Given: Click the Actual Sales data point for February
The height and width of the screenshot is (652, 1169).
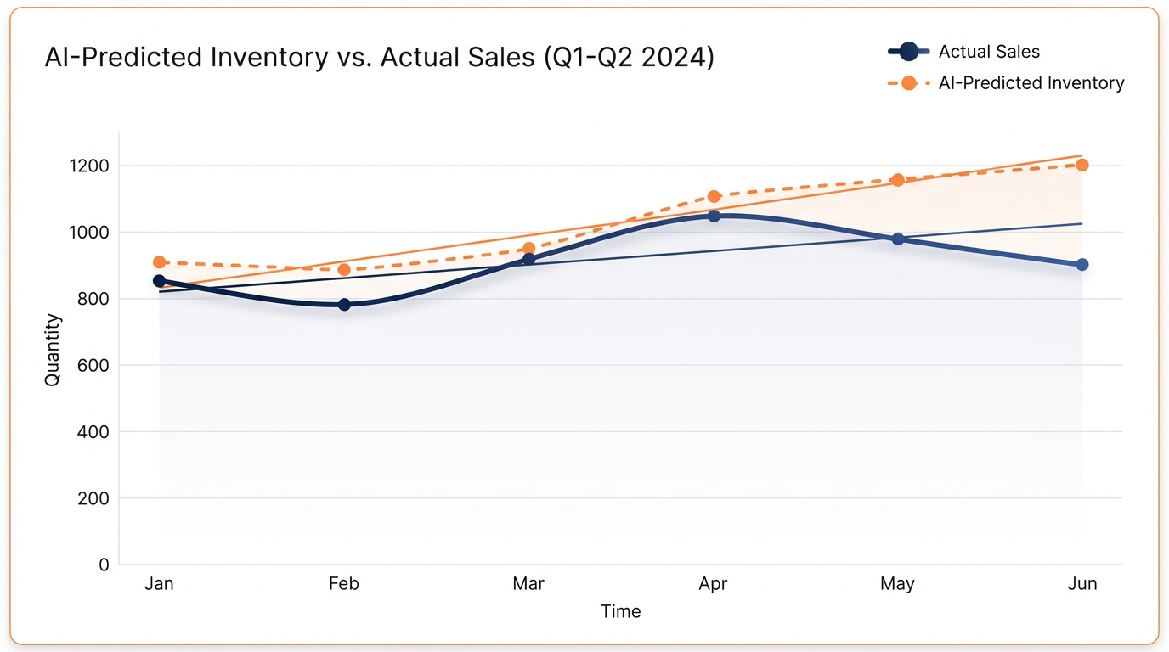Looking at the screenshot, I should (344, 304).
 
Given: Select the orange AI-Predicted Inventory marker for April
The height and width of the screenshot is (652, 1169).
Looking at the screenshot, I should (714, 196).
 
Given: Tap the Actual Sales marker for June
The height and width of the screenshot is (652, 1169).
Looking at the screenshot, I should (1082, 265).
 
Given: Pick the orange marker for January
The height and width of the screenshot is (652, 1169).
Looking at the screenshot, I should (159, 262).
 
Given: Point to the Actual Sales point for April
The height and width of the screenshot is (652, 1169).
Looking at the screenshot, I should (714, 216).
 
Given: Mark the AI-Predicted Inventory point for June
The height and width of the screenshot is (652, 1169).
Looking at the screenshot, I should (1082, 165).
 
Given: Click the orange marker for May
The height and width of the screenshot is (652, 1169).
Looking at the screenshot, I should (898, 180).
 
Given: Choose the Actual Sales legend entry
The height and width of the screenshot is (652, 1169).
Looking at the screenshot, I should (988, 52).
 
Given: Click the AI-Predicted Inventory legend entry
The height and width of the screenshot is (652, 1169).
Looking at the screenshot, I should (1031, 83).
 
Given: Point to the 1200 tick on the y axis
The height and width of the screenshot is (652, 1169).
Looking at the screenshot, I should (90, 166).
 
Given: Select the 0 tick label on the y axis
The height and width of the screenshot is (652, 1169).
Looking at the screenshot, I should (104, 565).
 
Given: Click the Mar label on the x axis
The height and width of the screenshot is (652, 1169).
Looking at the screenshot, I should (528, 584).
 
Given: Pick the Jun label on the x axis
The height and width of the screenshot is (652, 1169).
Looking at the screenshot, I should (1082, 584).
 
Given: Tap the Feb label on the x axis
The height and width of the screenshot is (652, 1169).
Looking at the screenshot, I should (344, 584).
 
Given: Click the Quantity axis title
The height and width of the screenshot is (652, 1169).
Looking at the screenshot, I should (53, 350).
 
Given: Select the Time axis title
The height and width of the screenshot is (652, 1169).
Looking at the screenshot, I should (621, 611).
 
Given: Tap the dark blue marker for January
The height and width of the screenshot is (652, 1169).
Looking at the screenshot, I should (159, 281).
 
